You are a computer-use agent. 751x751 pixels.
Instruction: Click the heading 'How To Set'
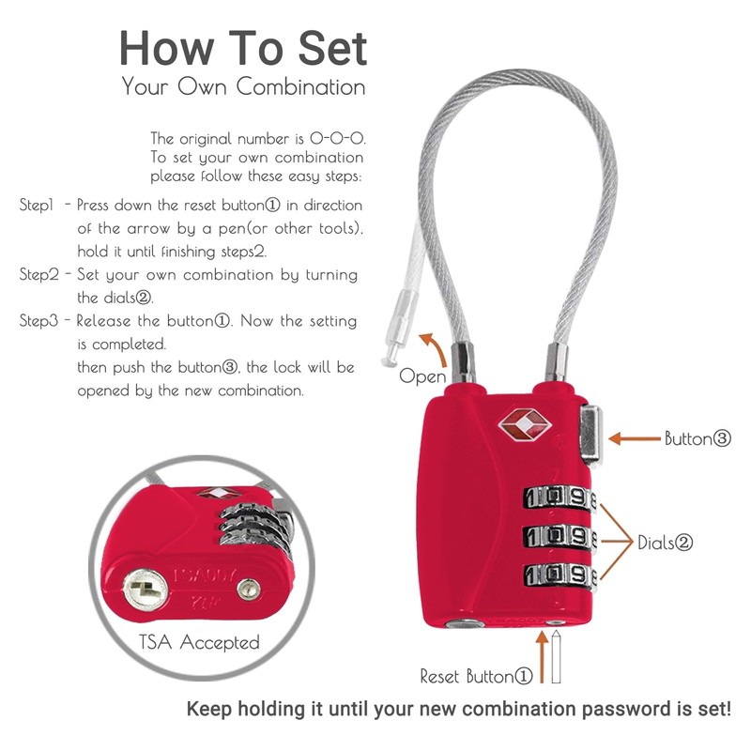click(242, 47)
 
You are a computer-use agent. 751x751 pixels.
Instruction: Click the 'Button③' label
click(697, 438)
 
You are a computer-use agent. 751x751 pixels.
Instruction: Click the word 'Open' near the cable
click(422, 375)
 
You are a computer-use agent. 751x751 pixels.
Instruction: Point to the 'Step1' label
click(40, 204)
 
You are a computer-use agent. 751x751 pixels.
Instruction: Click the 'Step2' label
click(42, 275)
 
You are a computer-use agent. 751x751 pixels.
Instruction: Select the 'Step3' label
click(42, 321)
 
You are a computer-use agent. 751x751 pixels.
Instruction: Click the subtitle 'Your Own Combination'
click(243, 87)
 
